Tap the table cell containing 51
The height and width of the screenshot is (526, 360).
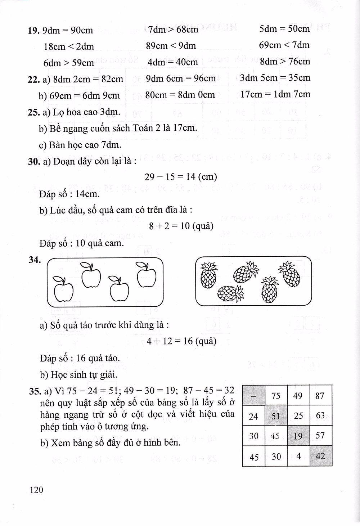coord(276,416)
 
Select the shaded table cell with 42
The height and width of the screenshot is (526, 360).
coord(320,456)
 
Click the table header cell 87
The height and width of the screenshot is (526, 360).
coord(320,396)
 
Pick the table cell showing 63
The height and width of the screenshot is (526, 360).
coord(320,416)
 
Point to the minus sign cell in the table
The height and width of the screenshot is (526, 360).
coord(253,396)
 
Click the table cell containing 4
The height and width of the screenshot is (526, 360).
coord(298,456)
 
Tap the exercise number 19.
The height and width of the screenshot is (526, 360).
coord(33,30)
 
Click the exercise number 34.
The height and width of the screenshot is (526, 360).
coord(34,260)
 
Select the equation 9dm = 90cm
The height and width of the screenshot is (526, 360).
coord(67,30)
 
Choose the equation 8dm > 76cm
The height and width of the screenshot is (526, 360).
coord(285,61)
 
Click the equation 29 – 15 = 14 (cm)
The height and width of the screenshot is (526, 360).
coord(181,177)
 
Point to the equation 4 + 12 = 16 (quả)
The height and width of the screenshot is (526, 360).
coord(181,341)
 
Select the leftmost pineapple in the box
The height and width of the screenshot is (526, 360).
coord(209,276)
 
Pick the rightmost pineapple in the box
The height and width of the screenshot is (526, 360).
coord(289,274)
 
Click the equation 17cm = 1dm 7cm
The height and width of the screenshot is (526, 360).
coord(275,94)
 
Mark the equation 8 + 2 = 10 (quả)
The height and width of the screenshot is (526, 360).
coord(181,226)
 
